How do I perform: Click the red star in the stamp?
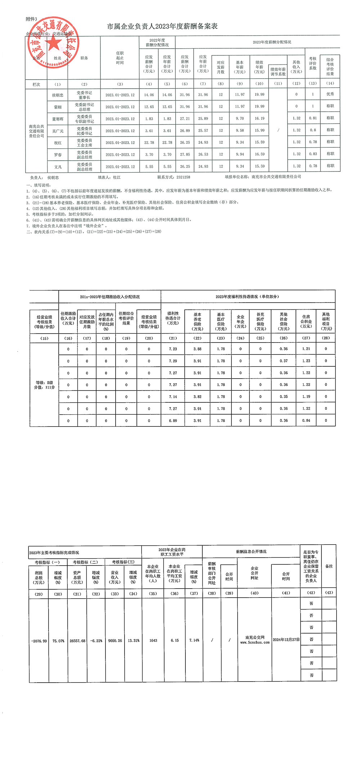[x=54, y=44]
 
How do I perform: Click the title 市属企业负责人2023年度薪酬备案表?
[x=162, y=26]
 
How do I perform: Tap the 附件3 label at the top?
[x=31, y=19]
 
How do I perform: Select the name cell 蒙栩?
[x=58, y=107]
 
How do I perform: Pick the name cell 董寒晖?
[x=58, y=119]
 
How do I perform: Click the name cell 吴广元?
[x=58, y=131]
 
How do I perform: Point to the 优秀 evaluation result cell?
[x=330, y=94]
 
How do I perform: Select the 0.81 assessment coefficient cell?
[x=313, y=118]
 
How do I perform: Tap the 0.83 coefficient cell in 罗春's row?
[x=313, y=154]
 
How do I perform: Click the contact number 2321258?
[x=183, y=177]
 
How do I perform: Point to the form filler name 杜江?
[x=117, y=177]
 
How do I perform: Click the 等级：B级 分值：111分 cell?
[x=44, y=385]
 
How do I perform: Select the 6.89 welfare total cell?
[x=173, y=421]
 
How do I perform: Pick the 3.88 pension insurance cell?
[x=197, y=349]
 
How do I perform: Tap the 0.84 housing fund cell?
[x=306, y=421]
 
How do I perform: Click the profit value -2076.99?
[x=39, y=641]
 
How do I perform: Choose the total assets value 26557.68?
[x=77, y=641]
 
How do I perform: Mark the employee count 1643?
[x=153, y=640]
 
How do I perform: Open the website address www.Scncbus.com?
[x=255, y=642]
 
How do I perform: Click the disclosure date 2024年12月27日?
[x=286, y=640]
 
